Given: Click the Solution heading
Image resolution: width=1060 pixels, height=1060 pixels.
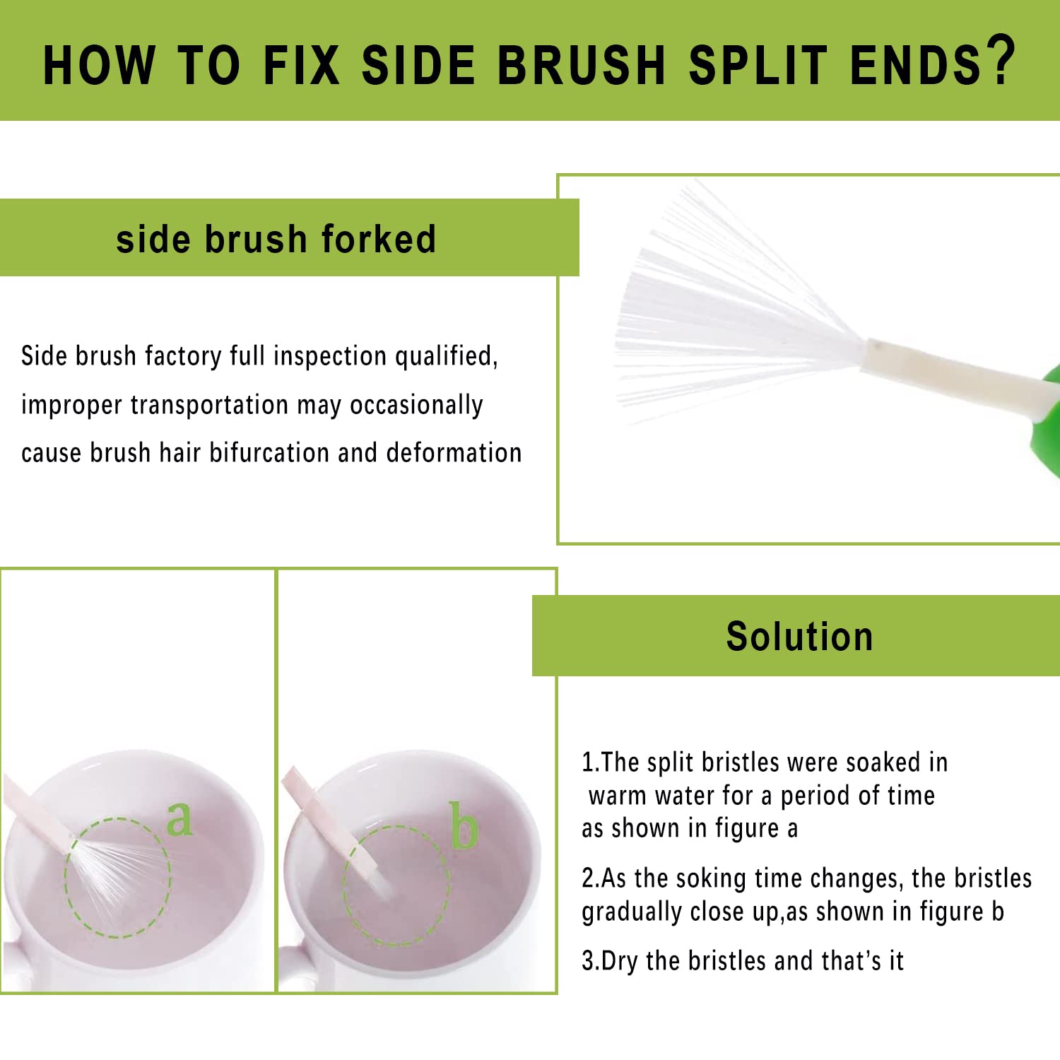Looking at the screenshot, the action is [799, 636].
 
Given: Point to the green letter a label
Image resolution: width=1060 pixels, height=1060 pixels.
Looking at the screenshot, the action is [179, 818].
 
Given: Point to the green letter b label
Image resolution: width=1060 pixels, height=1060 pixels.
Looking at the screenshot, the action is [464, 824].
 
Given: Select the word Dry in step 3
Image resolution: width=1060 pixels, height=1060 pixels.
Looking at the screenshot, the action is [620, 962].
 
